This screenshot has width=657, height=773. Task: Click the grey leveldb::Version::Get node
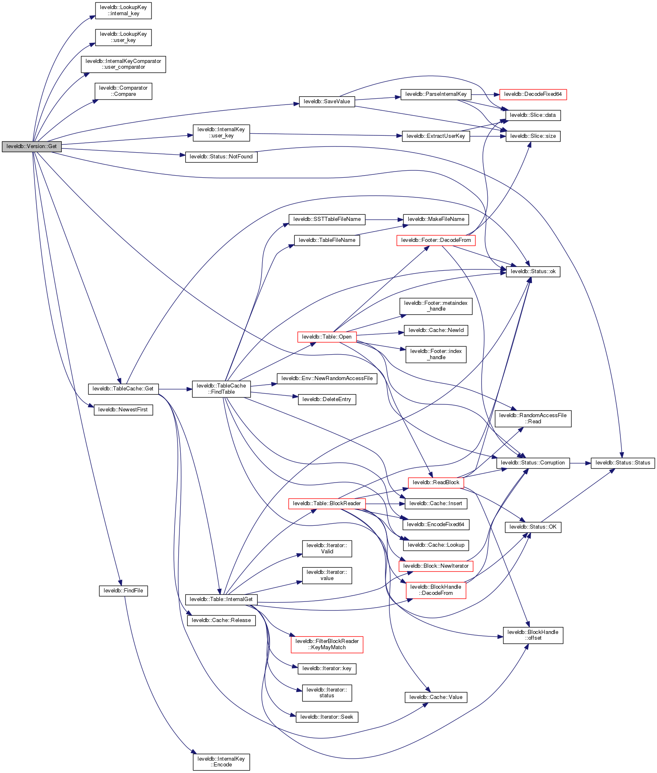coord(32,146)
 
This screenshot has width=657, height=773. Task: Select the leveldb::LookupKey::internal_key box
coord(123,11)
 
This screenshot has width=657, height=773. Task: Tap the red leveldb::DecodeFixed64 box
coord(533,94)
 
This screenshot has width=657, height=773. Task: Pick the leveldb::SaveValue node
coord(327,102)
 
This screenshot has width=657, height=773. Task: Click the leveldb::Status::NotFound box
coord(221,157)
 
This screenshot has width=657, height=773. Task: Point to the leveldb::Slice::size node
coord(533,136)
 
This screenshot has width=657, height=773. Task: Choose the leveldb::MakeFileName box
coord(436,219)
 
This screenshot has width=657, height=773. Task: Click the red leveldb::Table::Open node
coord(327,337)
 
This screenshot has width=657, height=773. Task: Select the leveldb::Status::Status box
coord(622,463)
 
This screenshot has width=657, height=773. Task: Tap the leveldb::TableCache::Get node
coord(123,389)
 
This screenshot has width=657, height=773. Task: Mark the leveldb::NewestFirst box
coord(123,410)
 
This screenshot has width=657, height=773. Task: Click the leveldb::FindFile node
coord(123,591)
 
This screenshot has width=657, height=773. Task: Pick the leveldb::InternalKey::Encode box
coord(221,762)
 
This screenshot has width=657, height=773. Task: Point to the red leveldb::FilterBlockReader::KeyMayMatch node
coord(327,644)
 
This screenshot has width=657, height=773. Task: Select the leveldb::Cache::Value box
coord(436,697)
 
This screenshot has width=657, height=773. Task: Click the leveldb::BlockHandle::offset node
coord(533,635)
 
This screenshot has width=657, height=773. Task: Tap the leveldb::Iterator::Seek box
coord(327,717)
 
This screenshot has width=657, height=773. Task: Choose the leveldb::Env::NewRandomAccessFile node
coord(327,378)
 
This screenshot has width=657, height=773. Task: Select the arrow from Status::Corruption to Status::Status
coord(580,463)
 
